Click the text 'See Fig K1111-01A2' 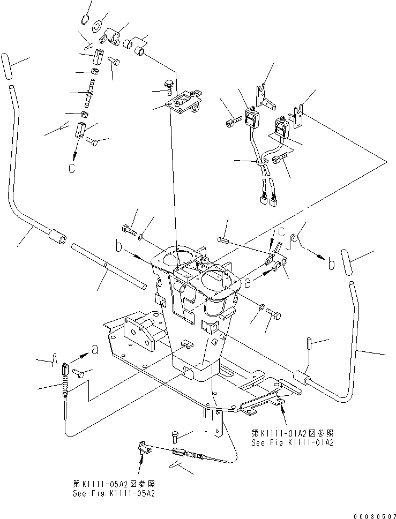pos(293,443)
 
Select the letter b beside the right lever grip pos(332,265)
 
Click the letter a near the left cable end pos(94,350)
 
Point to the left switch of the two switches pos(251,118)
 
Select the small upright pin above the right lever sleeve pos(309,343)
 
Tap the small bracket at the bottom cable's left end pos(143,446)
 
